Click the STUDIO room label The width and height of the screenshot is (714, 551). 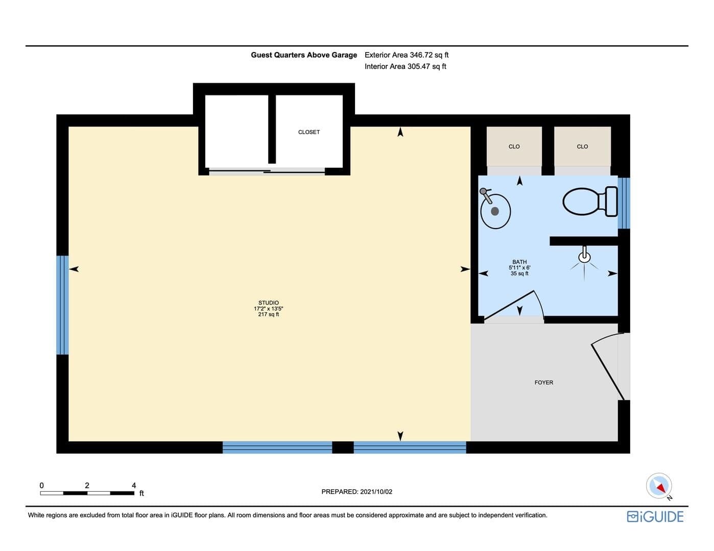point(268,303)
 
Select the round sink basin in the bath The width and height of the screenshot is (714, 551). point(495,211)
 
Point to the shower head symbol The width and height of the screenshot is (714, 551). point(584,255)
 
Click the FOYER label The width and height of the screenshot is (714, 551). point(543,382)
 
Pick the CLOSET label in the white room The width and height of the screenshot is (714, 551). point(308,132)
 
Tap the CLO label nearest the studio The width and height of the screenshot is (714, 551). point(514,146)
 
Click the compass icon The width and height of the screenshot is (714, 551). point(659,486)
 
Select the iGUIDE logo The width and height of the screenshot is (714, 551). point(655,516)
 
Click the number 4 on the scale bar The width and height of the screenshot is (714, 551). point(134,485)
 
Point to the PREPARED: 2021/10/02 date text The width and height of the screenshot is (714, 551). point(356,492)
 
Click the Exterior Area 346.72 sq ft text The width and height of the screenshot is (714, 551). point(407,55)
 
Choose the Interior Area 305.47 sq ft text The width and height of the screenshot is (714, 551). point(405,66)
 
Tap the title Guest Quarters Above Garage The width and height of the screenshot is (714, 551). point(303,55)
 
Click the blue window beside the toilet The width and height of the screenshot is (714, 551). point(624,203)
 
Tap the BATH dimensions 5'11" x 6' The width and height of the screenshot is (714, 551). point(519,267)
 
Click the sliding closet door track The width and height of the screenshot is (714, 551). point(267,171)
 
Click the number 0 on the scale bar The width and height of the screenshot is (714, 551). point(42,485)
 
